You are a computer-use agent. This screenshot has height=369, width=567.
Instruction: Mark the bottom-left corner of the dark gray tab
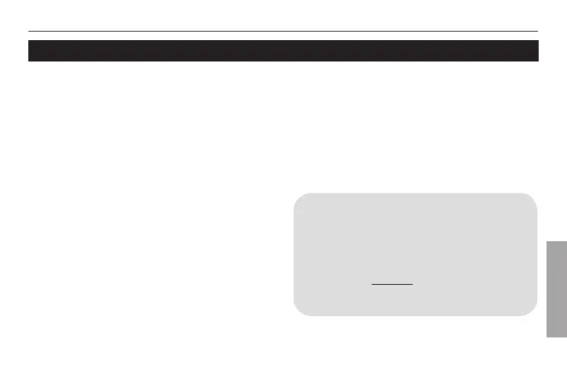pyautogui.click(x=544, y=334)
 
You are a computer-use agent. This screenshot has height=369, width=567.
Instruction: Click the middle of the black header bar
pyautogui.click(x=283, y=50)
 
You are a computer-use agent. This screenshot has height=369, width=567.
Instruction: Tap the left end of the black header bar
pyautogui.click(x=30, y=50)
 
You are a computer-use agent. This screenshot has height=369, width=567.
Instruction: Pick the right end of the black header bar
pyautogui.click(x=537, y=50)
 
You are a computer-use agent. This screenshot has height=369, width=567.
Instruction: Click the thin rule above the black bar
pyautogui.click(x=283, y=32)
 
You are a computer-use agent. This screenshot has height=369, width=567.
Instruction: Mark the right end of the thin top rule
pyautogui.click(x=538, y=32)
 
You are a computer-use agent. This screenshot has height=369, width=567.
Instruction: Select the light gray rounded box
pyautogui.click(x=415, y=254)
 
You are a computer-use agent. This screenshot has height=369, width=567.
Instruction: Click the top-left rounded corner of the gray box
pyautogui.click(x=297, y=196)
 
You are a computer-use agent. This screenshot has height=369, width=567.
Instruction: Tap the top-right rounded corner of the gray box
pyautogui.click(x=533, y=196)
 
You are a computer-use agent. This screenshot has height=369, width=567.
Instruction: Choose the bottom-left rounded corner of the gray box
pyautogui.click(x=297, y=312)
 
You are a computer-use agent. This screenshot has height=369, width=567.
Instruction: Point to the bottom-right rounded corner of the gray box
pyautogui.click(x=533, y=312)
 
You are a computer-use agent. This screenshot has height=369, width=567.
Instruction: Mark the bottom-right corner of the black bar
pyautogui.click(x=538, y=61)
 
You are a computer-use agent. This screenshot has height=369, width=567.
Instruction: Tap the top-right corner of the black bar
pyautogui.click(x=538, y=41)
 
